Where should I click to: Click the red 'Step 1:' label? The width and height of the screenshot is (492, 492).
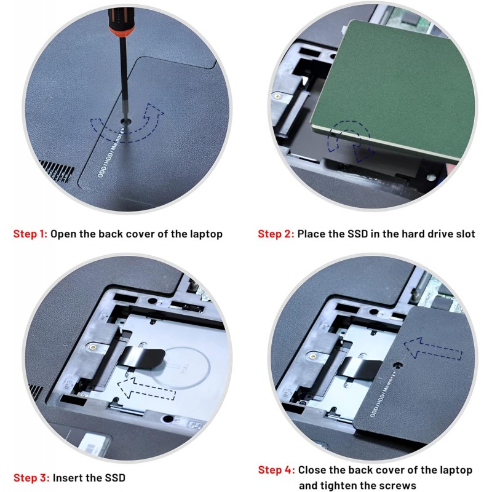(30, 234)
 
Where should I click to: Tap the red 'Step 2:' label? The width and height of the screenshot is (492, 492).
(276, 234)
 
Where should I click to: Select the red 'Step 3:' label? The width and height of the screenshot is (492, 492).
(31, 478)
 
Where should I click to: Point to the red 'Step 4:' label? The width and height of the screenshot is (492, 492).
(276, 470)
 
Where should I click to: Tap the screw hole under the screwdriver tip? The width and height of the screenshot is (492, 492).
(126, 121)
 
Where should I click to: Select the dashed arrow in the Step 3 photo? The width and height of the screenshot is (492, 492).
(146, 389)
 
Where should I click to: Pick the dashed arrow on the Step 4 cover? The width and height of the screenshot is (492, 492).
(432, 348)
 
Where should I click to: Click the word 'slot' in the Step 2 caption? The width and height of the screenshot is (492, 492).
(464, 234)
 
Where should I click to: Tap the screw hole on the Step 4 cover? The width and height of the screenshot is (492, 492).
(398, 365)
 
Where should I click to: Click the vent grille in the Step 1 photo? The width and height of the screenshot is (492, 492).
(57, 170)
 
